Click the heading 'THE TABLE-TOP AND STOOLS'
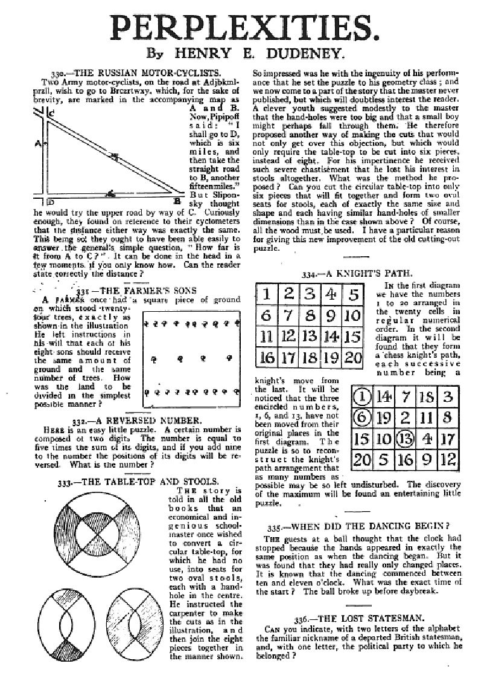click(x=145, y=482)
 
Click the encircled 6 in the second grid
click(x=361, y=417)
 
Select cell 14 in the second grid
click(x=387, y=396)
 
